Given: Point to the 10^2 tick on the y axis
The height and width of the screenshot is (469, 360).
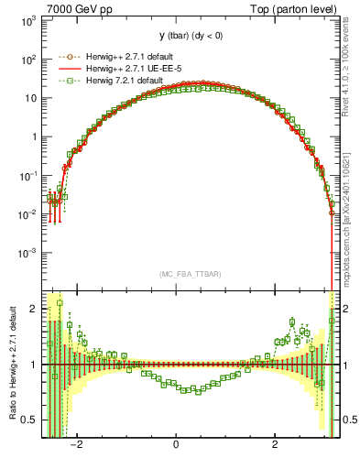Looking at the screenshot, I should pos(28,60).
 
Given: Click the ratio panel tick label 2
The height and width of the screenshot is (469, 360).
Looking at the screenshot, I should pos(35,309).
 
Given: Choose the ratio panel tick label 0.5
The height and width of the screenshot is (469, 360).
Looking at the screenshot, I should pos(31,420).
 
